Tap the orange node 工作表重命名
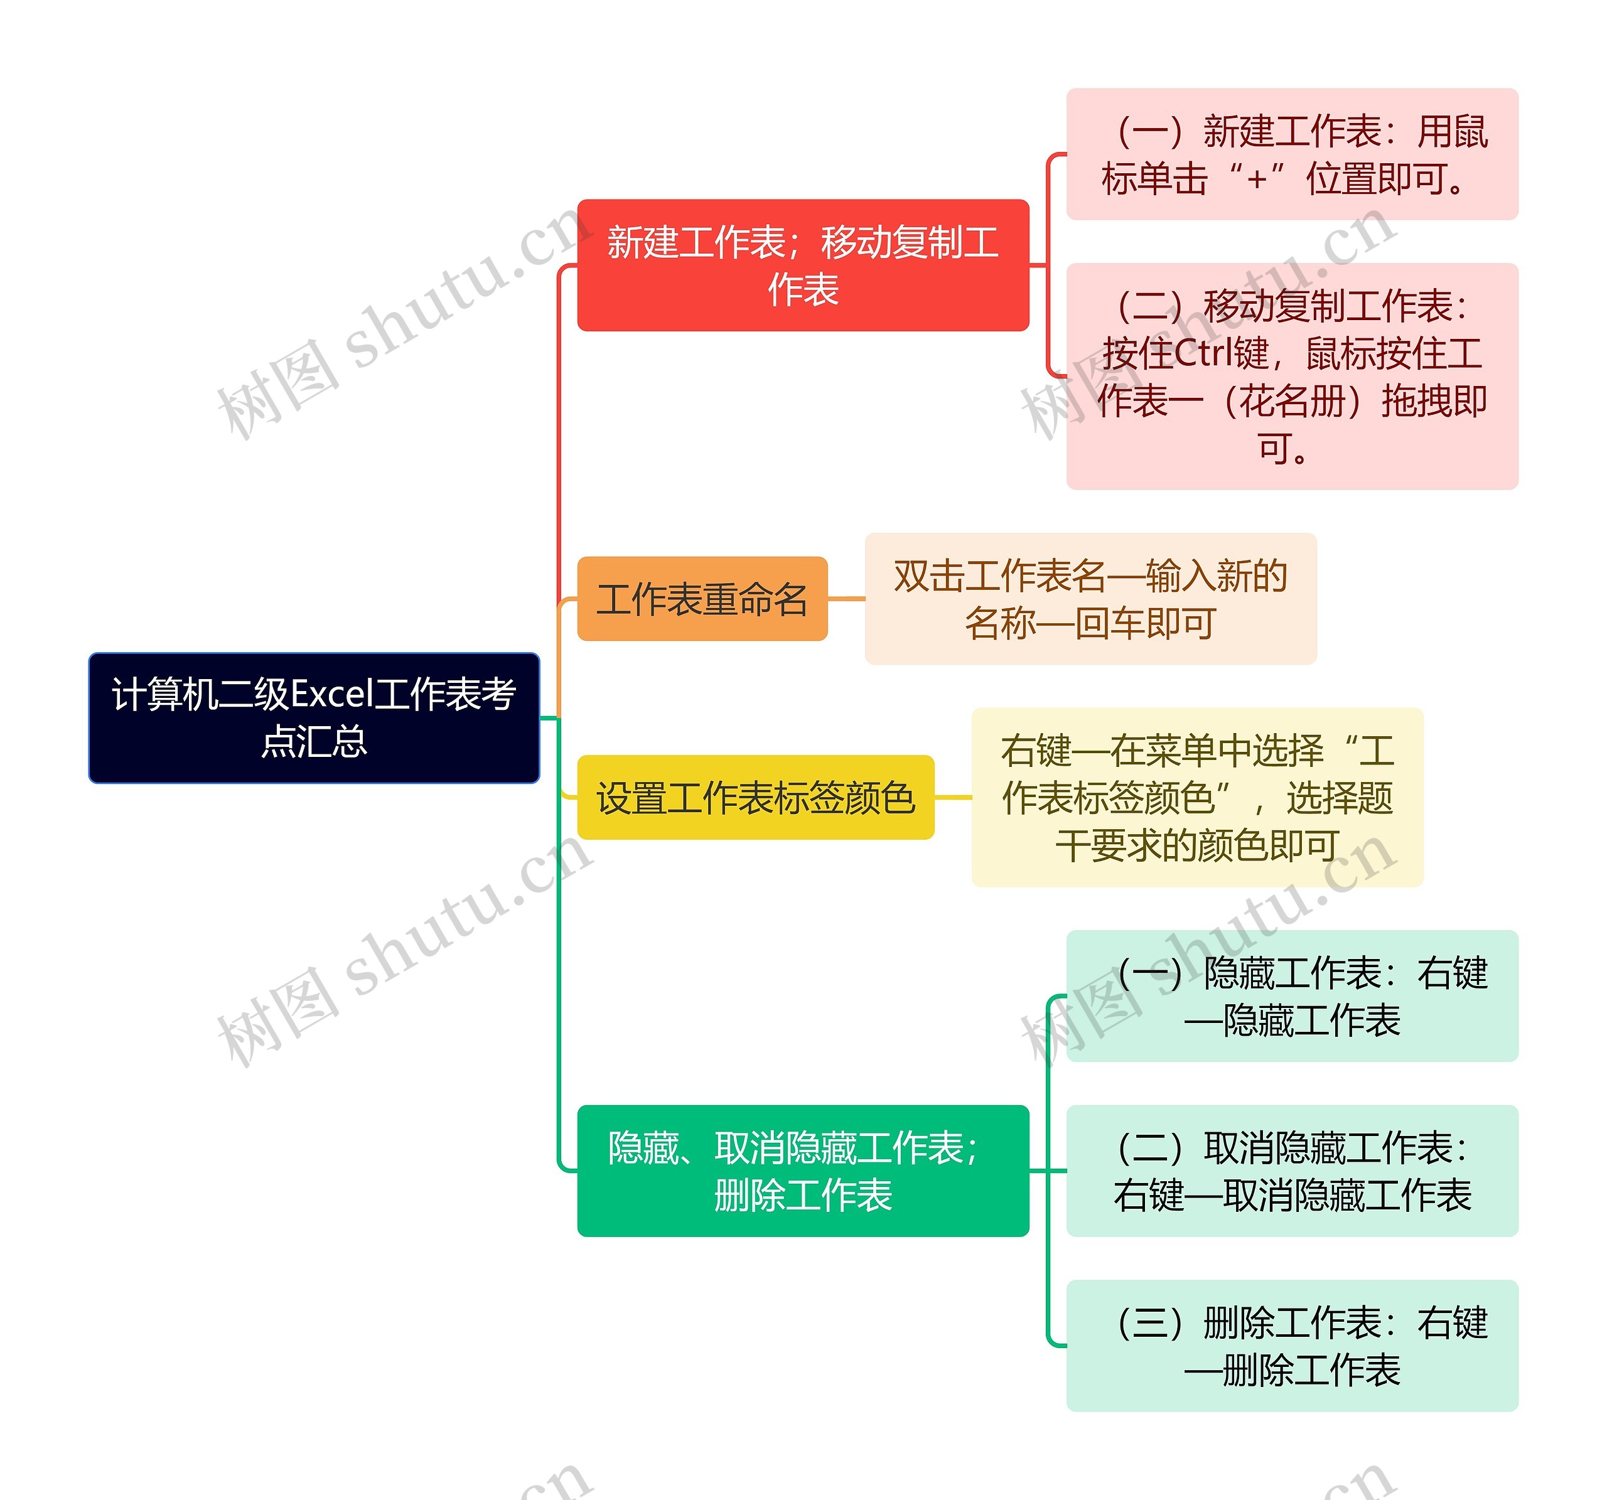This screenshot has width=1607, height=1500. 702,599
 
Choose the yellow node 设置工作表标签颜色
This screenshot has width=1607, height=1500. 755,798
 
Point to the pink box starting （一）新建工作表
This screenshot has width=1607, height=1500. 1292,154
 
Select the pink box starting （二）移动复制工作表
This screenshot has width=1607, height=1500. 1292,377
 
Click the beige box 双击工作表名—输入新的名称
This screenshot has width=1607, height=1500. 1090,599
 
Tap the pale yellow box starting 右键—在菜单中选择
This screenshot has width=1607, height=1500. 1196,798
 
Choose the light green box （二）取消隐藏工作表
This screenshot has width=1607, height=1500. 1292,1171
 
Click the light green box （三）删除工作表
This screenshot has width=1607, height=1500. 1292,1346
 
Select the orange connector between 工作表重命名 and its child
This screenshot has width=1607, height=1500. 846,599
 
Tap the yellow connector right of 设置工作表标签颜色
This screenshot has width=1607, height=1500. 952,798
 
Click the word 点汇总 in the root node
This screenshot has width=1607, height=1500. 314,742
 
